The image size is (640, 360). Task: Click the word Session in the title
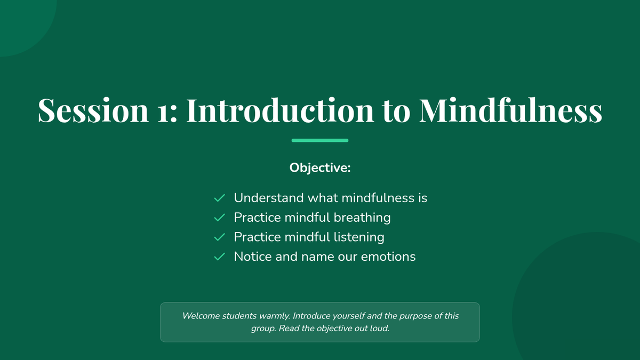coord(93,110)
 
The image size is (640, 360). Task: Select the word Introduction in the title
coord(280,110)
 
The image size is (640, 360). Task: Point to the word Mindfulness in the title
coord(510,110)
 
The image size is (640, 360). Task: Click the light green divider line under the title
coord(319,140)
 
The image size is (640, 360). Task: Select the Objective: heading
coord(320,167)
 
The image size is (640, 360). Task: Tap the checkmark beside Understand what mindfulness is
coord(219,198)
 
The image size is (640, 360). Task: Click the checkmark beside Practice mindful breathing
coord(219,218)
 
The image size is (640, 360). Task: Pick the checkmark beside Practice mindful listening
coord(219,237)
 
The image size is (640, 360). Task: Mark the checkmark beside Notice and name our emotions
coord(219,257)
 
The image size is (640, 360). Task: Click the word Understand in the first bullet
coord(269,198)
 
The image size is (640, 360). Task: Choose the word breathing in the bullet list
coord(362,218)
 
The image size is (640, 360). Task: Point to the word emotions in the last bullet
coord(388,257)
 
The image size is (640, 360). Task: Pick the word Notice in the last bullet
coord(253,257)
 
